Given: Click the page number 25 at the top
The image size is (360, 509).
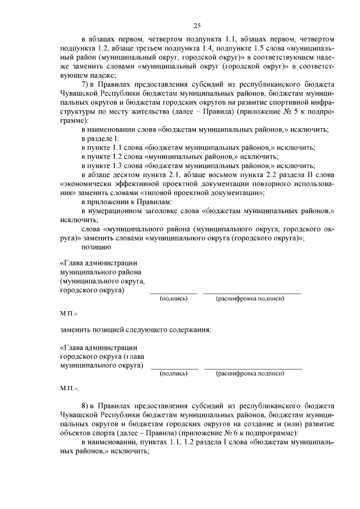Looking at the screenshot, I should [x=197, y=25].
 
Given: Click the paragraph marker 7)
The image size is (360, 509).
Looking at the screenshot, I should [x=85, y=84].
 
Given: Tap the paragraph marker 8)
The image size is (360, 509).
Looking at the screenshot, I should [x=85, y=406].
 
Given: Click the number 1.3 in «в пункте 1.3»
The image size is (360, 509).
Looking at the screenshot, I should [x=121, y=165].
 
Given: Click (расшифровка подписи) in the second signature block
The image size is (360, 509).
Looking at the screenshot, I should [x=253, y=373].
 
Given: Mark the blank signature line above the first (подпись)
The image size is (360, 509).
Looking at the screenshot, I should [x=173, y=293].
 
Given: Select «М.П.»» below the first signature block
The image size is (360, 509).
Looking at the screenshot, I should [x=69, y=313].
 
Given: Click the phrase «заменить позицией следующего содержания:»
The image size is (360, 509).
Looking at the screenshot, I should [x=136, y=330].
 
